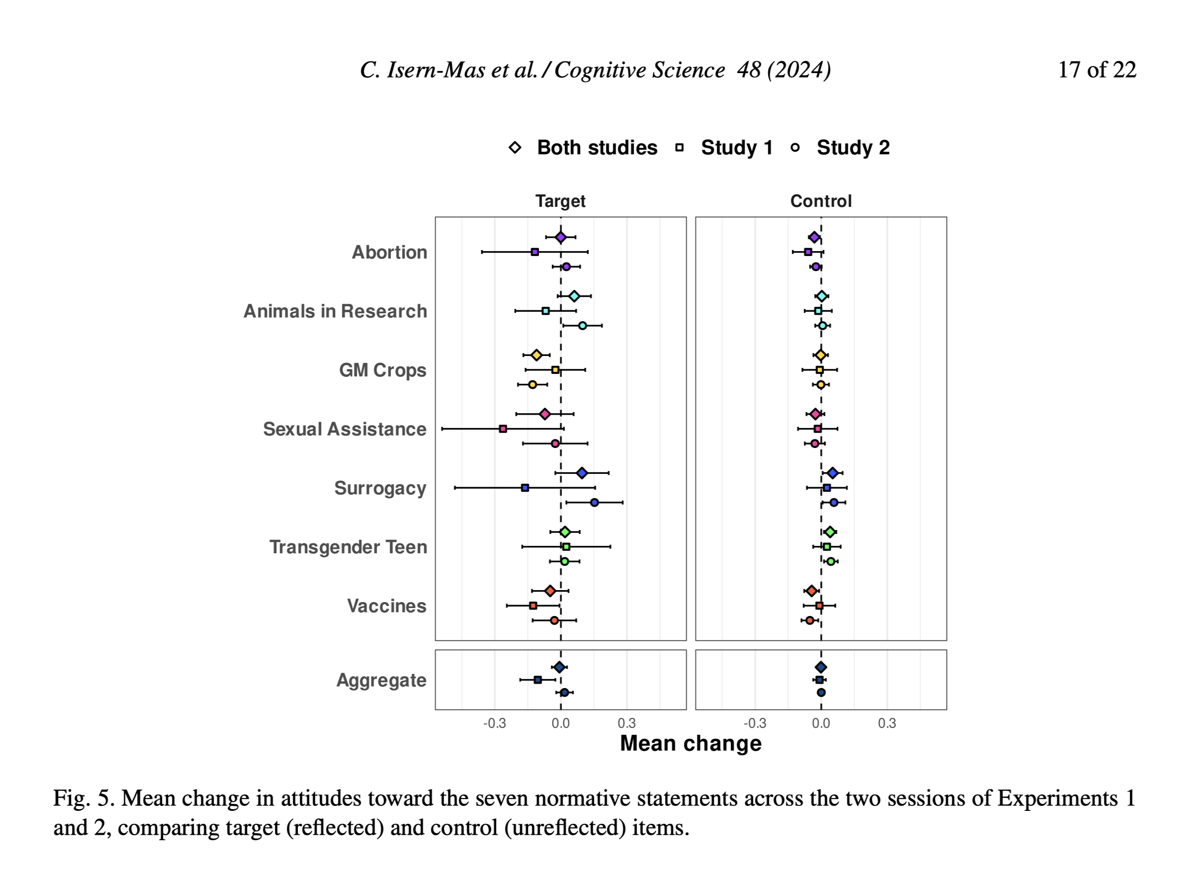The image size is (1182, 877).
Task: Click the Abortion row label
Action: (x=389, y=252)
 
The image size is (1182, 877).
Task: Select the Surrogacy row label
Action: (x=380, y=488)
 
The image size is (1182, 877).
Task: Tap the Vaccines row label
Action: (x=386, y=606)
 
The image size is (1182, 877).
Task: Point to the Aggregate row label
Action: (x=381, y=680)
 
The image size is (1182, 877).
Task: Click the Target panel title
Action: (x=560, y=201)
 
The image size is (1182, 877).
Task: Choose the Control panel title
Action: (x=821, y=201)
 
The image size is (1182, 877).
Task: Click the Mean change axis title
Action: (x=690, y=743)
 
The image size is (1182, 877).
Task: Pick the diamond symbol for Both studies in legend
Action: (x=515, y=148)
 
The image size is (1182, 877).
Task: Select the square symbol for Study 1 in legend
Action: (x=679, y=148)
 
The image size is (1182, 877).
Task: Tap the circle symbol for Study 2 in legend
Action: (x=795, y=148)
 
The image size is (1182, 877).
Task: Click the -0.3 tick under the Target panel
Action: (x=494, y=723)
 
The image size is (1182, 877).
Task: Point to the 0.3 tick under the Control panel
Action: (x=887, y=723)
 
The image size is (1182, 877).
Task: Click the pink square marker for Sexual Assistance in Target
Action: (x=503, y=429)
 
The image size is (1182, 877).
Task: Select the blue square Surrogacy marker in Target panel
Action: (x=525, y=488)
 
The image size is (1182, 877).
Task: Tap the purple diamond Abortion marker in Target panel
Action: (x=561, y=237)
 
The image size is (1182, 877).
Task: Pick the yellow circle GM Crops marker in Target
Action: (x=532, y=385)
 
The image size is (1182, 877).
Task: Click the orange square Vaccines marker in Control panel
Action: (x=820, y=606)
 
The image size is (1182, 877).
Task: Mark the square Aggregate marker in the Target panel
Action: (x=538, y=680)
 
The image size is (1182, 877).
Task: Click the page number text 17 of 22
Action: (x=1097, y=70)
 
